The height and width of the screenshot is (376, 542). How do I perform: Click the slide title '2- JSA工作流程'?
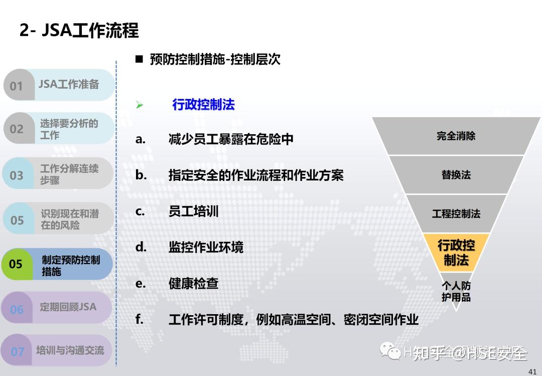(79, 31)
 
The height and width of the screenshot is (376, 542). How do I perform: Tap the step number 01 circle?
(17, 85)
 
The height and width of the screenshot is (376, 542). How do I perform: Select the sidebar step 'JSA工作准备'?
(69, 84)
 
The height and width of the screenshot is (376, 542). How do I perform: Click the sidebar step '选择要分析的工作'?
(69, 129)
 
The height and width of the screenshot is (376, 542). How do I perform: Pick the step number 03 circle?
(17, 175)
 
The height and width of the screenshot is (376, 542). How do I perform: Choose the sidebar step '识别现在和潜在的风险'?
(69, 220)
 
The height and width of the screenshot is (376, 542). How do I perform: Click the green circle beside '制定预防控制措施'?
(16, 264)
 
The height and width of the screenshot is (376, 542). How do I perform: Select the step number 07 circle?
(17, 351)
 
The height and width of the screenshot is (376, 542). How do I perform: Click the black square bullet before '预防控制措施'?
(139, 59)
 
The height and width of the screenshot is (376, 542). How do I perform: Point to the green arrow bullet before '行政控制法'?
(140, 105)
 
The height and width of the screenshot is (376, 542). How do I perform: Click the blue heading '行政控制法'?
(203, 105)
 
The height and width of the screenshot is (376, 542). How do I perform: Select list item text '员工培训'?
(193, 211)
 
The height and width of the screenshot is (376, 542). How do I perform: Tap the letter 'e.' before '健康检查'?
(141, 284)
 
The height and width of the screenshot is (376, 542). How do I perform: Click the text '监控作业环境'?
(206, 247)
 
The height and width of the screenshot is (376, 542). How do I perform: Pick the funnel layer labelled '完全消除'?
(456, 136)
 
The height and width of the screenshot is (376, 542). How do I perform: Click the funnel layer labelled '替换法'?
(456, 175)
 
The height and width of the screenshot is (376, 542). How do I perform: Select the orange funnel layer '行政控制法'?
(456, 252)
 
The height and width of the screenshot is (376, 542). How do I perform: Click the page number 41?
(532, 371)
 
